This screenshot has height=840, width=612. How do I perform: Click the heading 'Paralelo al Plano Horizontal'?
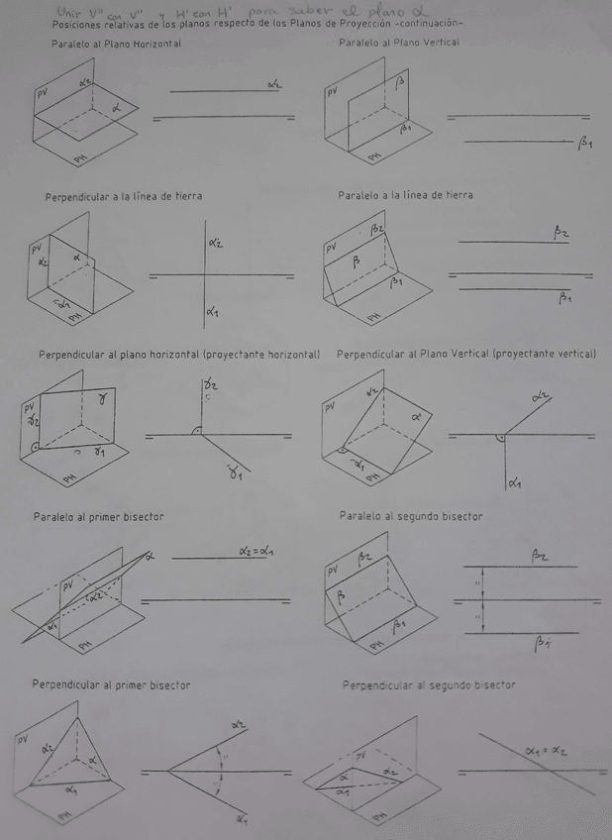click(x=116, y=45)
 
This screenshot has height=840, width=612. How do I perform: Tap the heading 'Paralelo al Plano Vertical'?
click(x=399, y=44)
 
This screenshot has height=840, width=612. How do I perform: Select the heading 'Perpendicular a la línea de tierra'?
click(x=124, y=197)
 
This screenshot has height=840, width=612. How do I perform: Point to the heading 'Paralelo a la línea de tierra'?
click(x=405, y=195)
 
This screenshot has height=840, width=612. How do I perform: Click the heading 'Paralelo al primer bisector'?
click(x=98, y=517)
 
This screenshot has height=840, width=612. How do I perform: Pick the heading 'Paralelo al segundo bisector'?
click(x=410, y=516)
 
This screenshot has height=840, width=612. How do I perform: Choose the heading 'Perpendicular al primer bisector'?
click(x=111, y=684)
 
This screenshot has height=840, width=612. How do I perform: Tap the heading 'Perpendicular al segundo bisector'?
click(x=429, y=684)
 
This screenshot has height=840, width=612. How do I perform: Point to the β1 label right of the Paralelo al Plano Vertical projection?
click(x=585, y=144)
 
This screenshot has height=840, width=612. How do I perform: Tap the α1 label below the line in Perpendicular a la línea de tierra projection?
click(x=212, y=312)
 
